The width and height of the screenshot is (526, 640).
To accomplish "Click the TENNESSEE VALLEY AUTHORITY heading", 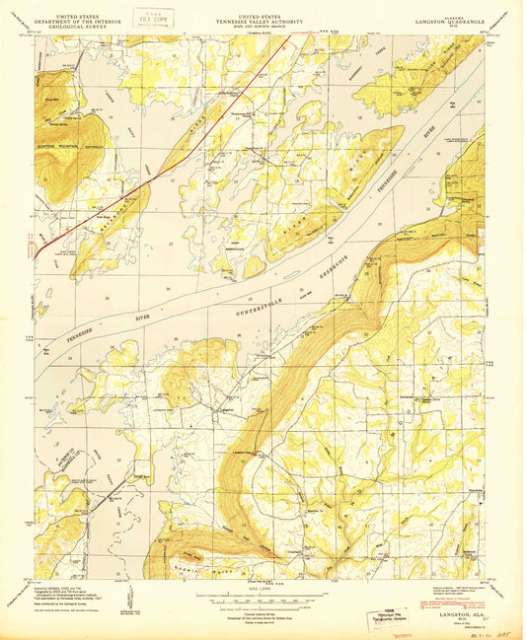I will click(x=260, y=19).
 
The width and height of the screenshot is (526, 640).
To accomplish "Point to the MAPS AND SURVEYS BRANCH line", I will click(x=260, y=25).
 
